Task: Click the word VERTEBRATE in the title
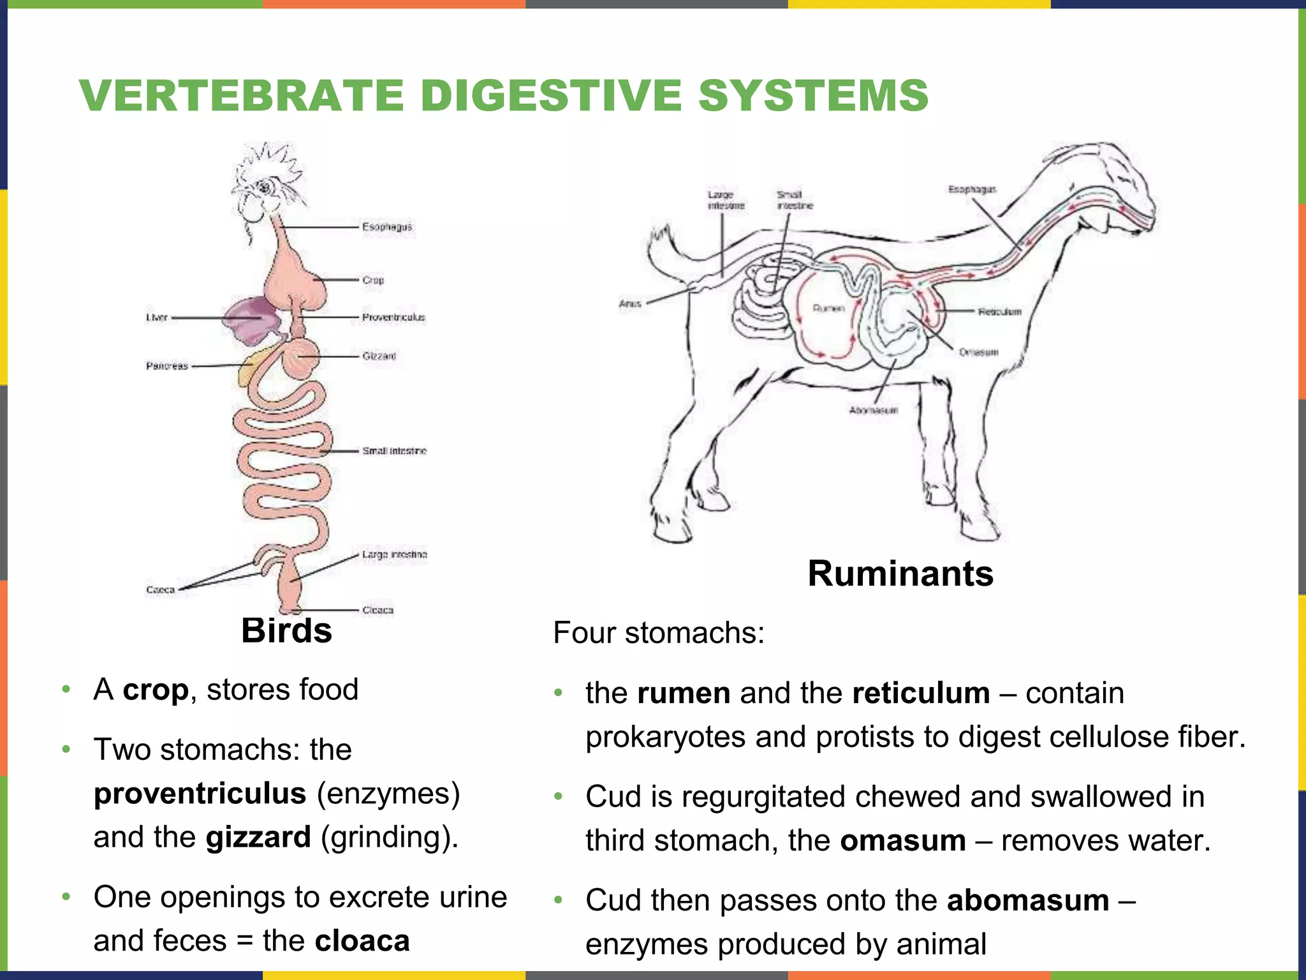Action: (x=242, y=96)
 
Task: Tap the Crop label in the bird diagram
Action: (x=373, y=280)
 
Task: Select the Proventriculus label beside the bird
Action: (x=393, y=317)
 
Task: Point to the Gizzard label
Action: (x=379, y=356)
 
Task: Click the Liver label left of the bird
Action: (x=157, y=317)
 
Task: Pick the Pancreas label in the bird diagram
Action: (x=167, y=366)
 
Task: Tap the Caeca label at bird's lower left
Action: (x=160, y=590)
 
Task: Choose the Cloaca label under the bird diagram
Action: (x=378, y=610)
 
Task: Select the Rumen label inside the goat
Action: (x=828, y=308)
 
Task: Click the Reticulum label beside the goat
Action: (x=999, y=311)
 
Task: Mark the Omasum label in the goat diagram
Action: (x=978, y=352)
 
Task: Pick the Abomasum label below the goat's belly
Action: (x=873, y=410)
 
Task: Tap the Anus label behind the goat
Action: (x=629, y=304)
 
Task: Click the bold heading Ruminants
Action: (x=900, y=573)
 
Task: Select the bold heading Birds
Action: (x=286, y=630)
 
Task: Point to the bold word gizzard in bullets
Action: (x=258, y=837)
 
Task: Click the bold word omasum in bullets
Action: (x=902, y=840)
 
